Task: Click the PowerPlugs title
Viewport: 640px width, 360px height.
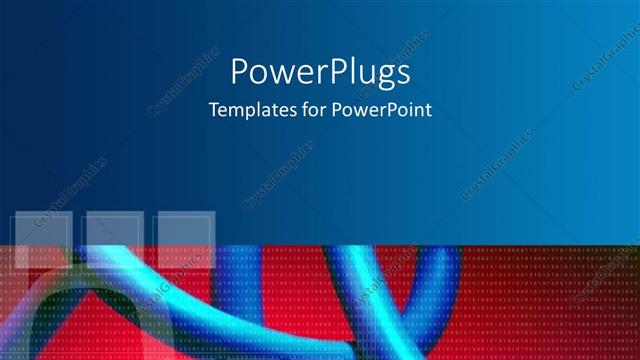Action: click(x=320, y=72)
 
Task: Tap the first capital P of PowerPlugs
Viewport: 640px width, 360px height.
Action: click(x=240, y=71)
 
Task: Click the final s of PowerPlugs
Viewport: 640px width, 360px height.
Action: click(x=402, y=74)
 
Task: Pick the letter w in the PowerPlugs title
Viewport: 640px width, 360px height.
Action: click(x=277, y=74)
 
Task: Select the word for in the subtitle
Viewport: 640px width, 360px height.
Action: click(x=302, y=110)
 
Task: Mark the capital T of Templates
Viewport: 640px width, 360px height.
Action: click(x=212, y=110)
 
